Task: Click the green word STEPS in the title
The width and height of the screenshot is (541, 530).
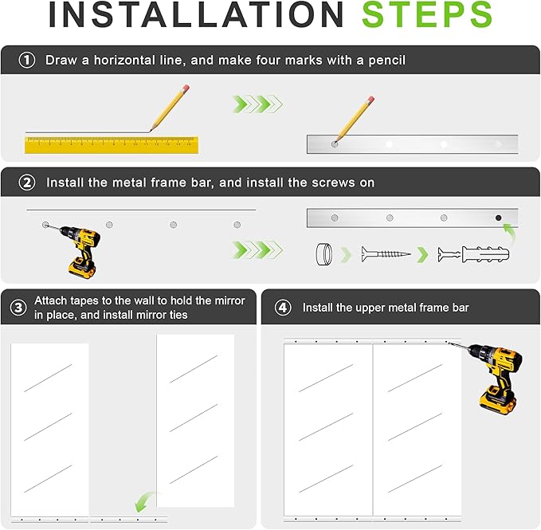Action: point(427,14)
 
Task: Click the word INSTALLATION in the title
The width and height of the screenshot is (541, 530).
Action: point(196,14)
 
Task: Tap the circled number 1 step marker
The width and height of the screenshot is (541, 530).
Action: point(26,60)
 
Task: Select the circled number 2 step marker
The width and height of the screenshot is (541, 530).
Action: point(27,183)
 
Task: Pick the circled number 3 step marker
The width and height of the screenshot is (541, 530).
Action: point(18,308)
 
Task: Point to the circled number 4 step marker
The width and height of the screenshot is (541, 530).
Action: point(283,307)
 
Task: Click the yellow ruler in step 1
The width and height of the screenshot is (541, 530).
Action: point(112,145)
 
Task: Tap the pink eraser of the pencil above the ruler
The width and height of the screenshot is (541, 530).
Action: point(186,88)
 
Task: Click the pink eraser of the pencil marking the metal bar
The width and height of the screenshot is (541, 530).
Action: point(370,100)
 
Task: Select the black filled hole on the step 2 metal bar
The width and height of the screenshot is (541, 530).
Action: point(498,218)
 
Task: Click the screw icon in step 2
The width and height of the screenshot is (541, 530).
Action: point(386,254)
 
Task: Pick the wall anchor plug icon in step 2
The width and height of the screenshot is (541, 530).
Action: point(474,255)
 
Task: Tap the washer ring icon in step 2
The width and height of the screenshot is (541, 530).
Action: point(324,254)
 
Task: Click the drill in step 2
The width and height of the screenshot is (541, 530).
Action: point(77,250)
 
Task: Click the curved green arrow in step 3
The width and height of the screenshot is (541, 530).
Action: point(145,501)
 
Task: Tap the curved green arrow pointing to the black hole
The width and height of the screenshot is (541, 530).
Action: point(511,232)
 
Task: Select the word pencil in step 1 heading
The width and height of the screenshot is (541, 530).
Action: point(386,61)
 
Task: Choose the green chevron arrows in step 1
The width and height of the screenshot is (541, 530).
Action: point(257,104)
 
